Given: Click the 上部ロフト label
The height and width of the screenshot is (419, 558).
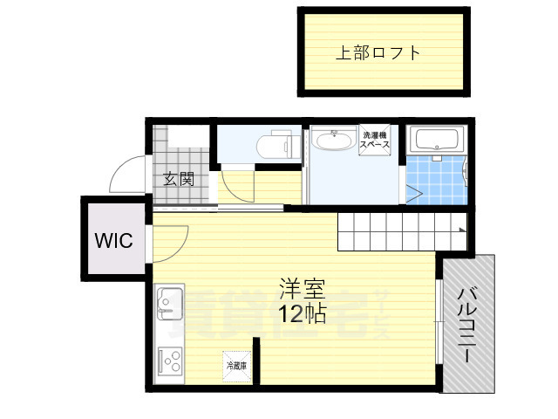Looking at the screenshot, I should click(378, 52).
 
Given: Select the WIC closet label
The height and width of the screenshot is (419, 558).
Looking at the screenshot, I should click(114, 240).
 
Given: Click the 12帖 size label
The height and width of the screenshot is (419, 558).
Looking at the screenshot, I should click(302, 313).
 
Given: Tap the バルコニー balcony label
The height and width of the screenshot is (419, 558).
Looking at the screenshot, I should click(468, 323).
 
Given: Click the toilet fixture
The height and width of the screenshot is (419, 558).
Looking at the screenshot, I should click(276, 145).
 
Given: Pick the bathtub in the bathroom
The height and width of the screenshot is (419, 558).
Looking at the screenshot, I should click(438, 140).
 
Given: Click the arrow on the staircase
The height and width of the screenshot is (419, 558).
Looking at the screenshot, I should click(460, 230).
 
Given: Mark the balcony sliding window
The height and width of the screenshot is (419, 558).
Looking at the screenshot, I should click(437, 322).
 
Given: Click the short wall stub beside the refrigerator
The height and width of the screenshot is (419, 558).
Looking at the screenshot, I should click(255, 360).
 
